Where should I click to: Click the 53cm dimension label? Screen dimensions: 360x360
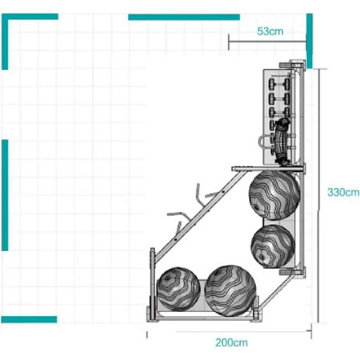270,31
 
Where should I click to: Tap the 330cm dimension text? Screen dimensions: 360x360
343,192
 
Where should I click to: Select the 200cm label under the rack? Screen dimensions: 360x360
232,342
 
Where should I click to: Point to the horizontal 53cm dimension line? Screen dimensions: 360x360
268,42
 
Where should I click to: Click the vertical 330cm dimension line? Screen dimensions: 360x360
318,196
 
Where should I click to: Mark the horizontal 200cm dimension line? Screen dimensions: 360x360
243,331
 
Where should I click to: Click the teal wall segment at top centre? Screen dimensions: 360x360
184,17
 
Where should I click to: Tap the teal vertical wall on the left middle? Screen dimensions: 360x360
5,195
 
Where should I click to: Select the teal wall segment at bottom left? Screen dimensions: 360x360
29,320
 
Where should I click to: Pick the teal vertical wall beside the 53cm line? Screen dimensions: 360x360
310,41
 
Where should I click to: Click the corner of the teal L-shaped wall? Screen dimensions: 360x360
5,17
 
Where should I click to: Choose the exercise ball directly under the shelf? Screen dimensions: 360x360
274,195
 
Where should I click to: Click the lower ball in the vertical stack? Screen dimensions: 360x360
272,246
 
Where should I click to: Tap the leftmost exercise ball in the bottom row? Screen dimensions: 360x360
178,289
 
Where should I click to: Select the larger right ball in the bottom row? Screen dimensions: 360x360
230,291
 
